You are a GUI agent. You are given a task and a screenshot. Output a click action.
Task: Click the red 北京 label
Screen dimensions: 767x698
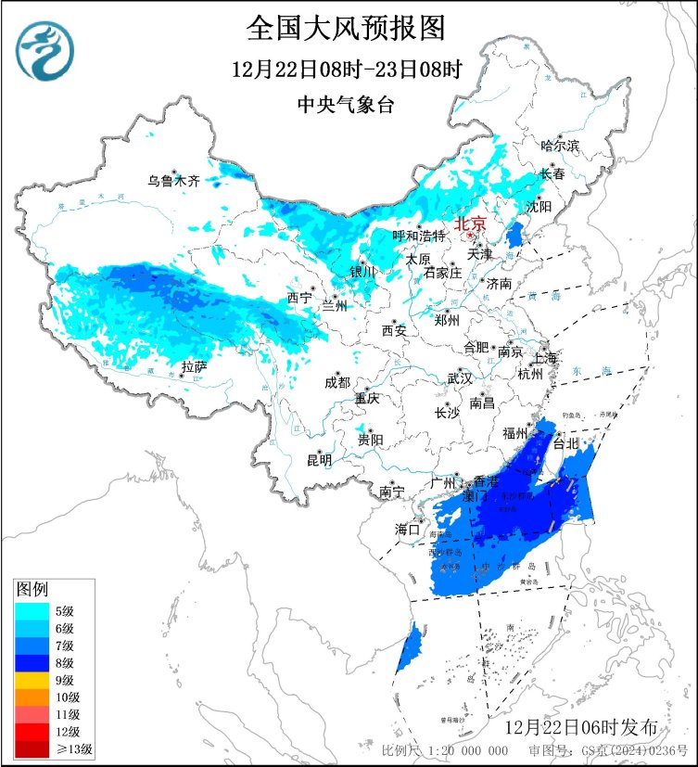click(x=470, y=224)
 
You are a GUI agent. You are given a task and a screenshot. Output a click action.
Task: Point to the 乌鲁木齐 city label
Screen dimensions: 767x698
click(x=174, y=181)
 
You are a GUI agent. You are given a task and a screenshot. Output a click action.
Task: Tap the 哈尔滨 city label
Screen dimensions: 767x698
click(x=560, y=146)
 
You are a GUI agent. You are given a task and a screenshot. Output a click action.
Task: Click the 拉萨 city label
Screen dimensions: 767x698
click(x=194, y=367)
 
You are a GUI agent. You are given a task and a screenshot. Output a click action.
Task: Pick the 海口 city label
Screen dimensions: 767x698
click(x=408, y=529)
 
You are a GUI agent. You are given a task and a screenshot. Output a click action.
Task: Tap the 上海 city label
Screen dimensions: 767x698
click(x=545, y=358)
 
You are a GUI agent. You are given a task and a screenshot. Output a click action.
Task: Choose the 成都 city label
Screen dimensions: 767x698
click(x=337, y=382)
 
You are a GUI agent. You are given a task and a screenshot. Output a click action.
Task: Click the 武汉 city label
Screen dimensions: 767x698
click(x=460, y=378)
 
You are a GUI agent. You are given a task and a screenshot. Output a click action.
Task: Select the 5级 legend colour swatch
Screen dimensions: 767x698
click(x=32, y=610)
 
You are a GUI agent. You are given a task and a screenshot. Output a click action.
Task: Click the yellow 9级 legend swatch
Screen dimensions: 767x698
click(x=32, y=679)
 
